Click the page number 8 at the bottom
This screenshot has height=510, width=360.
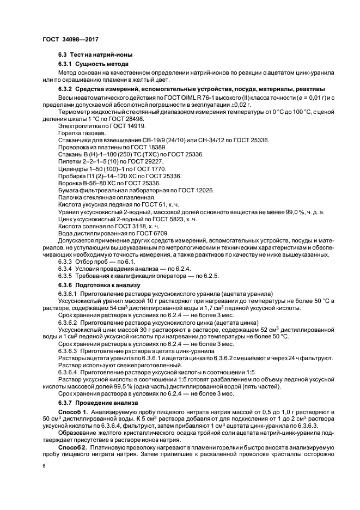tap(44, 466)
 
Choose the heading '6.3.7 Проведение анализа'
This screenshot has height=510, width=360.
tap(99, 402)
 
